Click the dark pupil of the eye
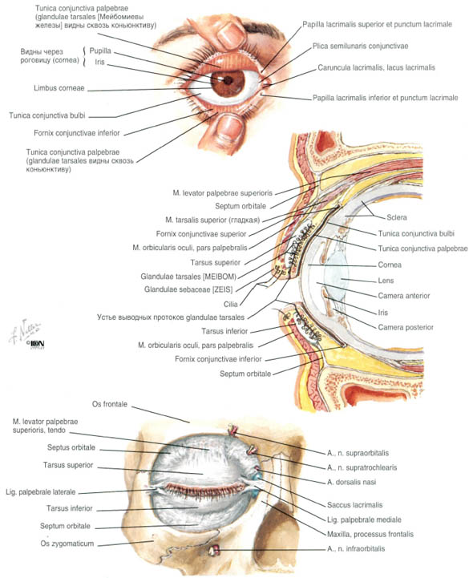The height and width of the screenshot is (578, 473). (228, 80)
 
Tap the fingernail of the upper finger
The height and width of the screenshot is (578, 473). (232, 34)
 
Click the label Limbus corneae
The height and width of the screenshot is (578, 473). (59, 88)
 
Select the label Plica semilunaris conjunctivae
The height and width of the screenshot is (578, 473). (360, 46)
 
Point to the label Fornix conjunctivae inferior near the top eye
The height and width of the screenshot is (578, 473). (77, 133)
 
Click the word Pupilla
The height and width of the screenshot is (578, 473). (100, 51)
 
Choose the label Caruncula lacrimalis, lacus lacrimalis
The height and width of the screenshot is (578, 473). (377, 67)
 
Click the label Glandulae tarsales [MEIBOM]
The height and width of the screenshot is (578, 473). (188, 276)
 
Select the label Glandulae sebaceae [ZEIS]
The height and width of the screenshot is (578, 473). (188, 289)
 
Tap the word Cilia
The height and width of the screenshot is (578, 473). (231, 304)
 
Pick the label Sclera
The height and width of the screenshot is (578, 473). (397, 217)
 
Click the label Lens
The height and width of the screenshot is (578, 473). (386, 281)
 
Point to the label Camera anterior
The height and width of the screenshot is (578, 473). (404, 296)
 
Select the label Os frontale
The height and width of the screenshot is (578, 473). (110, 404)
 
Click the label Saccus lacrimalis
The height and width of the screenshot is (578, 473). (354, 504)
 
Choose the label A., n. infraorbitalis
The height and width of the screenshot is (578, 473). (356, 548)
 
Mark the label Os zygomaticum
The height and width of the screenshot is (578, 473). (67, 544)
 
